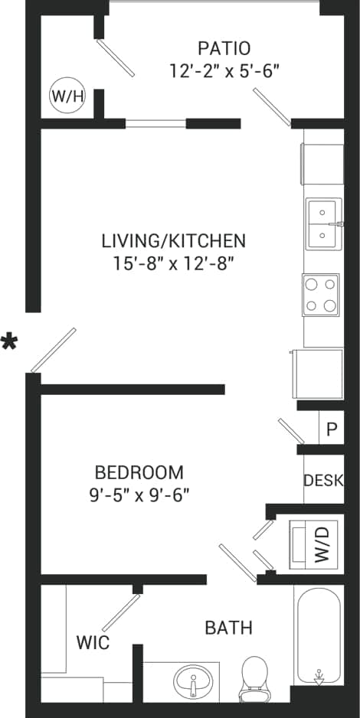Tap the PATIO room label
(x=224, y=48)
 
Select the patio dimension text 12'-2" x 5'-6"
(x=224, y=70)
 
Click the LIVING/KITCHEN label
(x=174, y=240)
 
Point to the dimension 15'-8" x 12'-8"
(x=174, y=263)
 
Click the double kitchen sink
(x=323, y=224)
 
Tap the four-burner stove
(x=321, y=295)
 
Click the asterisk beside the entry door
(x=9, y=342)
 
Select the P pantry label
(x=331, y=429)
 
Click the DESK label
(x=323, y=481)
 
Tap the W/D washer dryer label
(x=322, y=544)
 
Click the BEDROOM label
(x=139, y=472)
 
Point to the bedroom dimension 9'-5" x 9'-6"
(x=139, y=494)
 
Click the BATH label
(x=228, y=628)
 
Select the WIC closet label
(x=92, y=642)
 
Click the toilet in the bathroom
(x=253, y=678)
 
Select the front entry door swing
(x=53, y=351)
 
